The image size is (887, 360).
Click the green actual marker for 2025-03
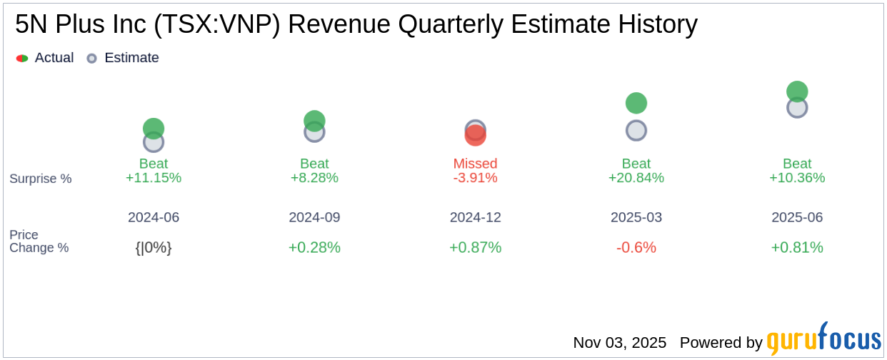pos(636,103)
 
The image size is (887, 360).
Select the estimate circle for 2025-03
pos(636,131)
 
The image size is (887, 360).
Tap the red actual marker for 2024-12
pos(475,136)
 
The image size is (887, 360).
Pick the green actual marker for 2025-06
pos(797,91)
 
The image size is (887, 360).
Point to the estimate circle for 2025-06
pos(797,108)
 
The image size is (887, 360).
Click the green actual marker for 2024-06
pos(154,128)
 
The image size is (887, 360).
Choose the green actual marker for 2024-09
pos(314,121)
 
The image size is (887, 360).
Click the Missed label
pos(475,164)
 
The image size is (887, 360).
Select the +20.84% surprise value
pos(636,178)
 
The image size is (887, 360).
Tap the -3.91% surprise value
pos(475,178)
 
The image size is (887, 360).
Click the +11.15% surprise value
pos(154,178)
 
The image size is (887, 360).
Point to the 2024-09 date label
pos(314,217)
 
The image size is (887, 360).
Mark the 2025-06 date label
pos(797,217)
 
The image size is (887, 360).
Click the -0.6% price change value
pos(636,247)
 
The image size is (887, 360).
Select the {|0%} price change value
pos(154,247)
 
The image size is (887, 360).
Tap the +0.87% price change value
pos(475,247)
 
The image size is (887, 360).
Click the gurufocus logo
pos(823,340)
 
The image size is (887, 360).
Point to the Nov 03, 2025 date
pos(619,343)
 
